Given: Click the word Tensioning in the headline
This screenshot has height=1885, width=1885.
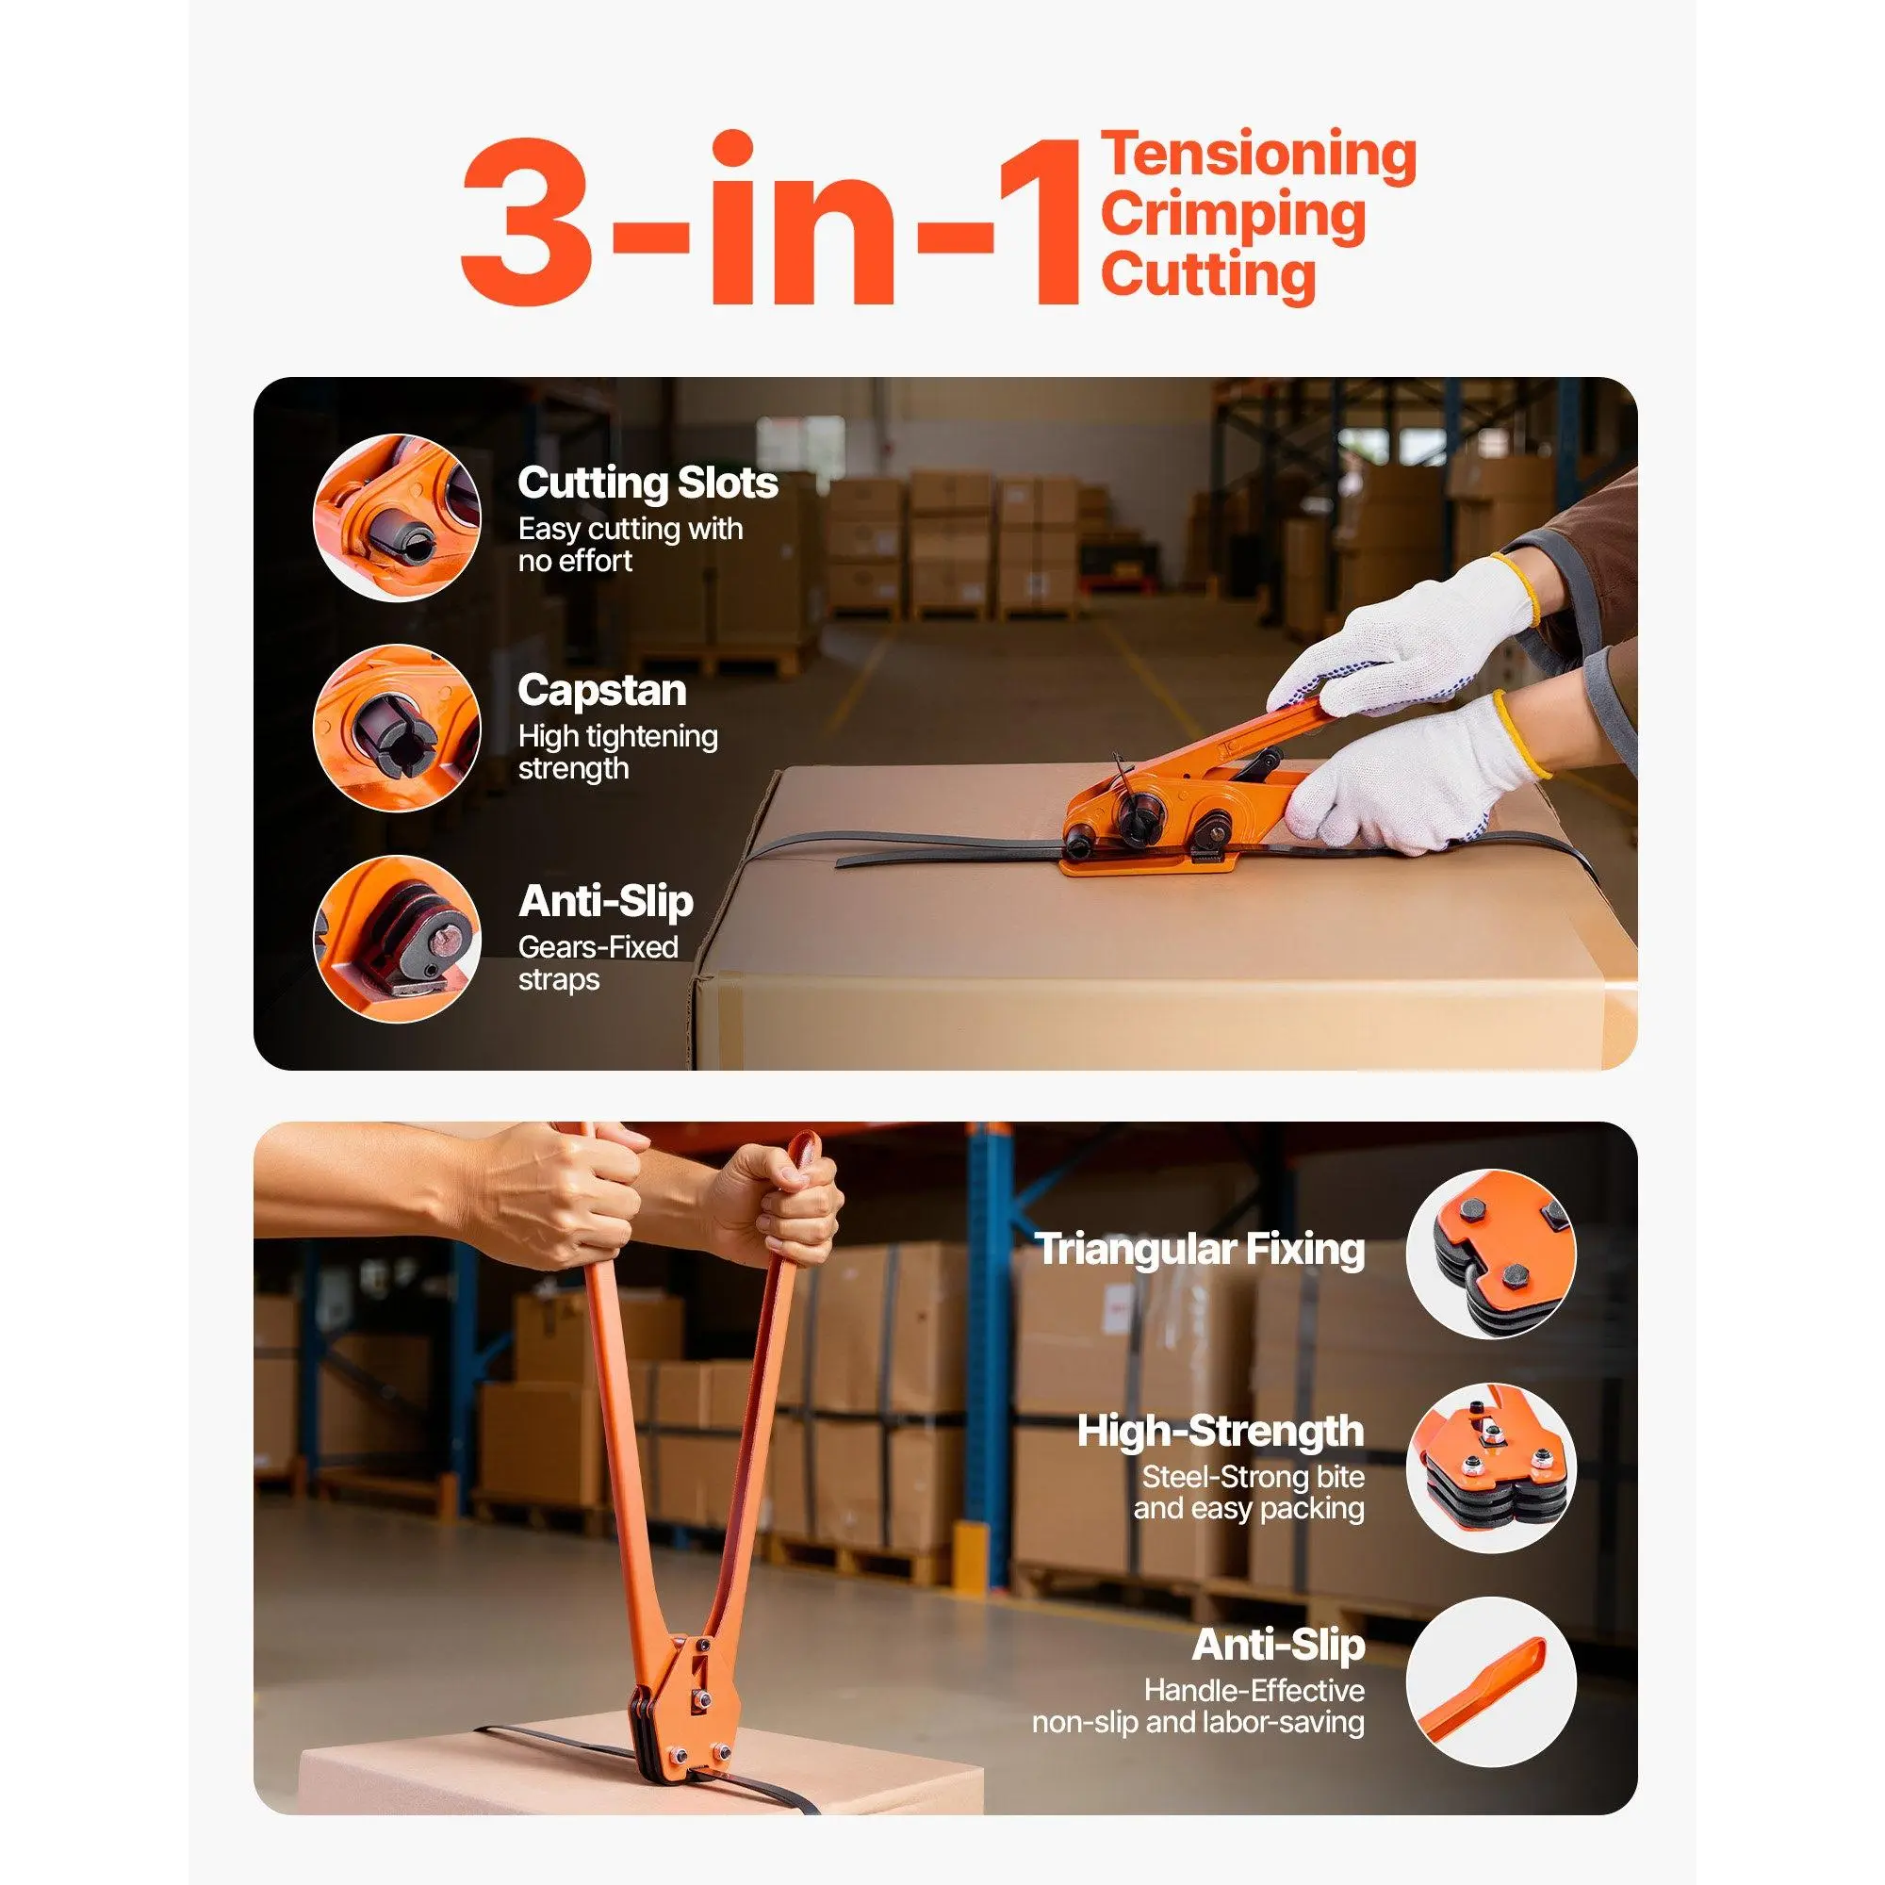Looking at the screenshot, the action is (1258, 156).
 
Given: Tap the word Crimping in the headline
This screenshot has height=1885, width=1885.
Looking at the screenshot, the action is (1233, 217).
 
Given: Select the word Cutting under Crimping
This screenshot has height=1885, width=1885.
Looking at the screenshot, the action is (1209, 275).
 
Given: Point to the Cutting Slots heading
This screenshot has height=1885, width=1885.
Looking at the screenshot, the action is (647, 483).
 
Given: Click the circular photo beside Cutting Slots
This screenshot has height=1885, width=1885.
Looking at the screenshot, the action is (397, 517).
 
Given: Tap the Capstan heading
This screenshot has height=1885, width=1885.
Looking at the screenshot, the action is (602, 691).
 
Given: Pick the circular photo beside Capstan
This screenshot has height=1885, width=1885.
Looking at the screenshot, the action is (397, 728).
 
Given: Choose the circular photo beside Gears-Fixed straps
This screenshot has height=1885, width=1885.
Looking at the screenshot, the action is (397, 940).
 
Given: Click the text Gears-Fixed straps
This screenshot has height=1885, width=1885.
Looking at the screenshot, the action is (598, 963).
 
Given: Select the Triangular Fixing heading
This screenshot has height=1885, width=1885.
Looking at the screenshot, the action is (1199, 1249).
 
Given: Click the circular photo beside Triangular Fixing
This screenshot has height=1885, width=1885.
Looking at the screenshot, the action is (1491, 1254).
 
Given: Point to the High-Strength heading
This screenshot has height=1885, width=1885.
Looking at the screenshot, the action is (1221, 1432).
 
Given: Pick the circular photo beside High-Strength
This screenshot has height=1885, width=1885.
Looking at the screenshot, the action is (1491, 1468).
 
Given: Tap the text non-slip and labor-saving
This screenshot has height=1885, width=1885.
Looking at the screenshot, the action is (1198, 1722).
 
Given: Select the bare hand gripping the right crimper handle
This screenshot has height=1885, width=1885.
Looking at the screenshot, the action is (776, 1202).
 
